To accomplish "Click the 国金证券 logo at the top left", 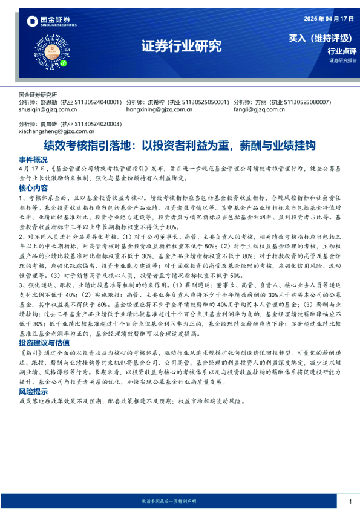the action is pos(51,22).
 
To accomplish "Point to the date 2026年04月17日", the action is pos(330,19).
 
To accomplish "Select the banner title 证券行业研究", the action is pos(182,47).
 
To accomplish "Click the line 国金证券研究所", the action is pos(38,96).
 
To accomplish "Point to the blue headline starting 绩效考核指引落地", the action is pos(180,145).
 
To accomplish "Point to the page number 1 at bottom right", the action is pos(350,501).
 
